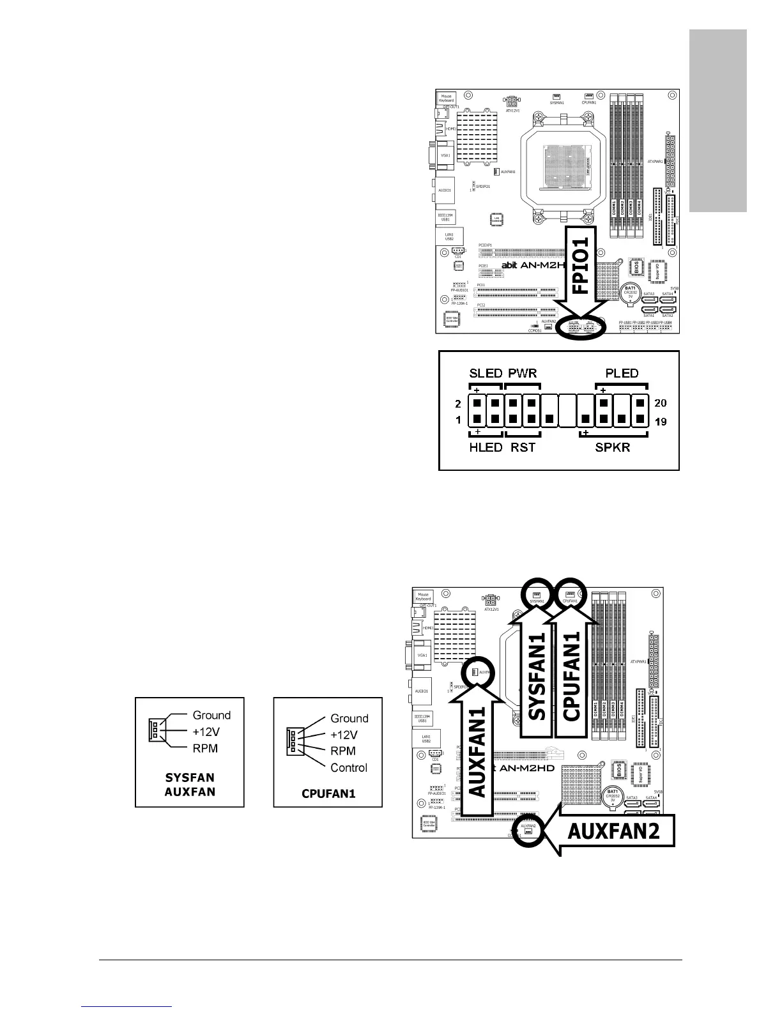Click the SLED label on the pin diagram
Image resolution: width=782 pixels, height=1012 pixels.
486,374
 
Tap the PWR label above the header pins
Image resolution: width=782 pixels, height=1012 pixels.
522,374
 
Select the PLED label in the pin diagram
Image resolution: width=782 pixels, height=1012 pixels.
622,374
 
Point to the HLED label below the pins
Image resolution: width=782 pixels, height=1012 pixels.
486,447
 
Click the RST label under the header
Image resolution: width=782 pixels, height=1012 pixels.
523,447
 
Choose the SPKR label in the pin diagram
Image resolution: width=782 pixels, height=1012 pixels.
612,447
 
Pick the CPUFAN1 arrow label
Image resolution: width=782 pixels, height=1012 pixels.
572,684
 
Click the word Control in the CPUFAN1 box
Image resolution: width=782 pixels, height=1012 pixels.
349,767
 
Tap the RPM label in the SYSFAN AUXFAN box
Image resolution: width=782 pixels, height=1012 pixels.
205,748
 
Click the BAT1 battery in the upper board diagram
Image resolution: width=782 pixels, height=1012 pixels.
630,293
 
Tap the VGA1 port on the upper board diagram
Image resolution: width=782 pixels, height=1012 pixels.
445,155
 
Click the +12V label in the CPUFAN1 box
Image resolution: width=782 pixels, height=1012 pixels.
344,735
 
